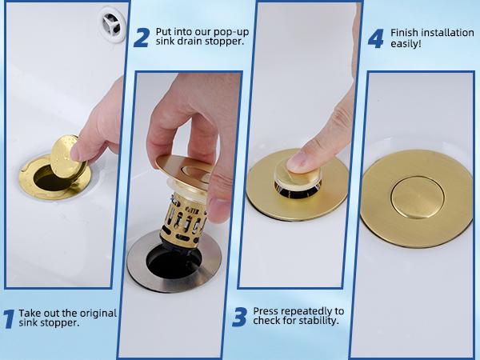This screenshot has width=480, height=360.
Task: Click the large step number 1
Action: [9, 318]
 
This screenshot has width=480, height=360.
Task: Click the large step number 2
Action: [141, 37]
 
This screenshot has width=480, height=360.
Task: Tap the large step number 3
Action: [239, 318]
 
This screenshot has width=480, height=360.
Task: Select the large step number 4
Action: [375, 38]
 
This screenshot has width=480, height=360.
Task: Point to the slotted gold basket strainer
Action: [186, 220]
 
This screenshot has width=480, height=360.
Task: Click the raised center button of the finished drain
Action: [415, 197]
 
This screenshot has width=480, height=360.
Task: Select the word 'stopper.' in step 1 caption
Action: [59, 323]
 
